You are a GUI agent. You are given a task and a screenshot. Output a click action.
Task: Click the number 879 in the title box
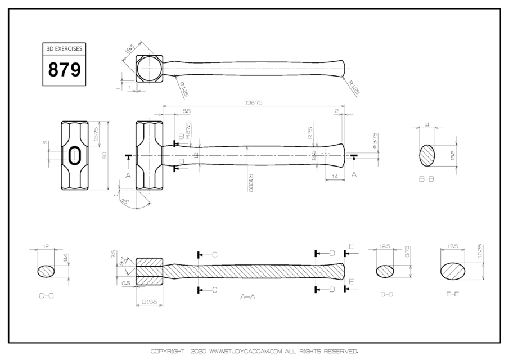click(64, 70)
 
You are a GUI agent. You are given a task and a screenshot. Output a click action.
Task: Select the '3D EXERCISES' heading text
click(64, 49)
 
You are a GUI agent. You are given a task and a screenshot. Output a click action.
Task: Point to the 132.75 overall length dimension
click(254, 102)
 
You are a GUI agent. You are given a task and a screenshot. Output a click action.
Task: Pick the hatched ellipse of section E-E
click(456, 270)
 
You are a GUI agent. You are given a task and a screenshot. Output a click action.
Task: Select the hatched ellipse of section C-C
click(47, 271)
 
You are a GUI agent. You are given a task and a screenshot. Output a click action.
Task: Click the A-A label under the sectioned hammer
click(247, 296)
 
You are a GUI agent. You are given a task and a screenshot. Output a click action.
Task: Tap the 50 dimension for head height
click(104, 155)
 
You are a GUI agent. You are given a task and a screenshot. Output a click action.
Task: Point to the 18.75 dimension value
click(96, 133)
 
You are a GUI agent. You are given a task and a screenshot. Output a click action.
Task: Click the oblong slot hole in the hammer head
click(74, 155)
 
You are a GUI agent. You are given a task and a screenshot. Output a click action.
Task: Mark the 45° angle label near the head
click(125, 201)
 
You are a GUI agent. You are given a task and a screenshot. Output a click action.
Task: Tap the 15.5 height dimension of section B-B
click(453, 155)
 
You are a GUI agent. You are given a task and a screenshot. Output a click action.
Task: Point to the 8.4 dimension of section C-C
click(65, 258)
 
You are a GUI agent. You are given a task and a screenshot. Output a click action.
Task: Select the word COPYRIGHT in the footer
click(167, 352)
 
